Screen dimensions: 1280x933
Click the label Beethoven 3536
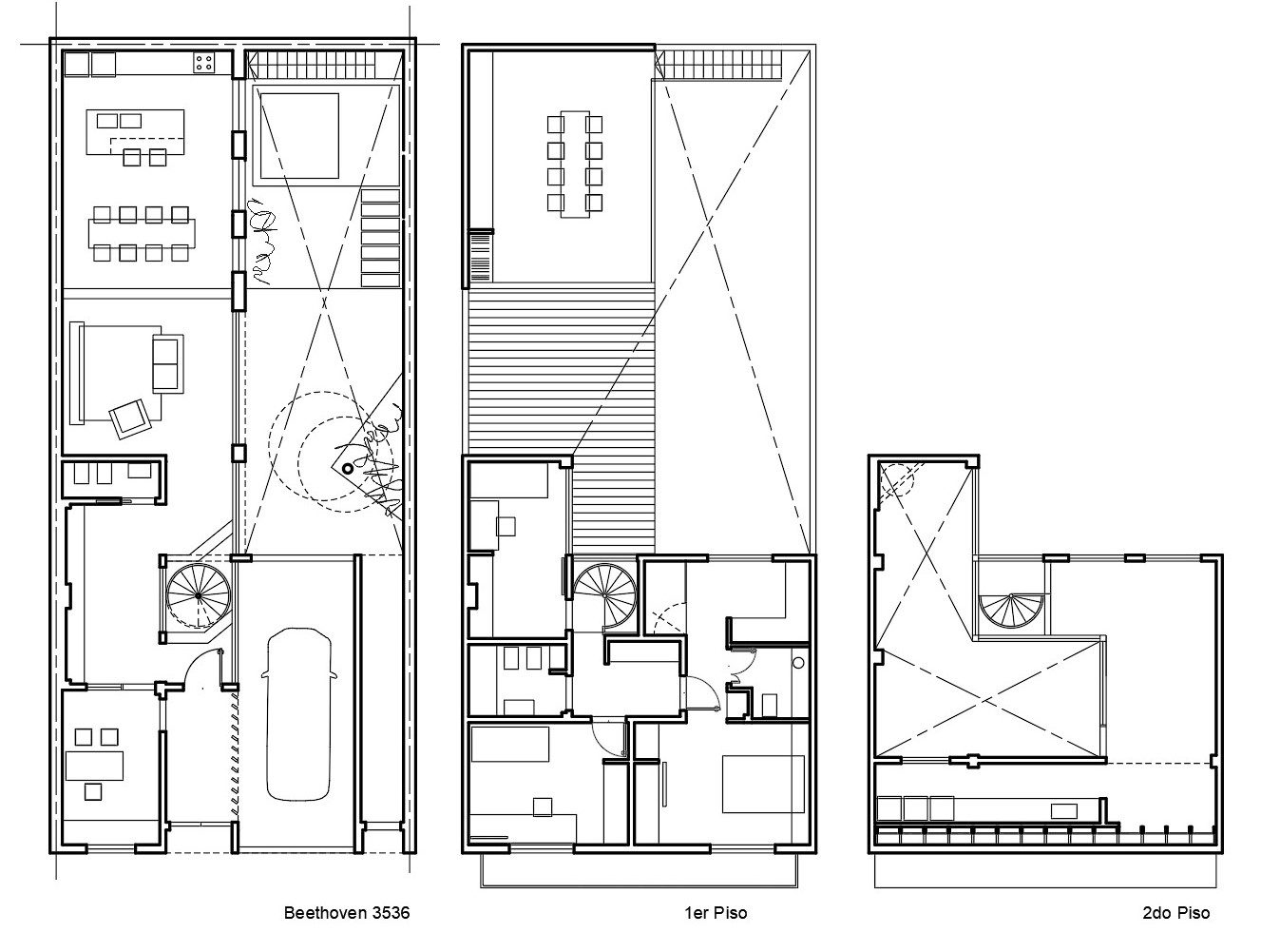[x=347, y=912]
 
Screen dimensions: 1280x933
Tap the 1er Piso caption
[x=716, y=912]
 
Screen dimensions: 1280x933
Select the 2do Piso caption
[x=1176, y=912]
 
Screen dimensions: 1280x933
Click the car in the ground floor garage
[x=299, y=714]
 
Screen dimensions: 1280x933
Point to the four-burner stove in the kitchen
[x=204, y=63]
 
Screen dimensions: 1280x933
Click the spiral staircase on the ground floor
[x=199, y=595]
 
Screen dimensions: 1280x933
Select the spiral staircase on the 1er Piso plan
[x=604, y=595]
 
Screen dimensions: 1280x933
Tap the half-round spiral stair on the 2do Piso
[x=1011, y=611]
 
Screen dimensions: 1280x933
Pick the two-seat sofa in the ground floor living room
[x=168, y=364]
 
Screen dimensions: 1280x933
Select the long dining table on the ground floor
[x=142, y=233]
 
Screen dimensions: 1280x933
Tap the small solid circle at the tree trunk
[x=348, y=469]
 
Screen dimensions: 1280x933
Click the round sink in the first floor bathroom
[x=798, y=663]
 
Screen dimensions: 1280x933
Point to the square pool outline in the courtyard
[x=300, y=136]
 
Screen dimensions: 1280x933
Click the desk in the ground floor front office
[x=94, y=766]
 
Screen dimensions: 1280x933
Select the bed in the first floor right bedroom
[x=763, y=784]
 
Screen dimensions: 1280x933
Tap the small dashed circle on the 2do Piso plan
[x=897, y=478]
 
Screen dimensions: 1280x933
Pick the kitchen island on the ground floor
[x=136, y=132]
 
